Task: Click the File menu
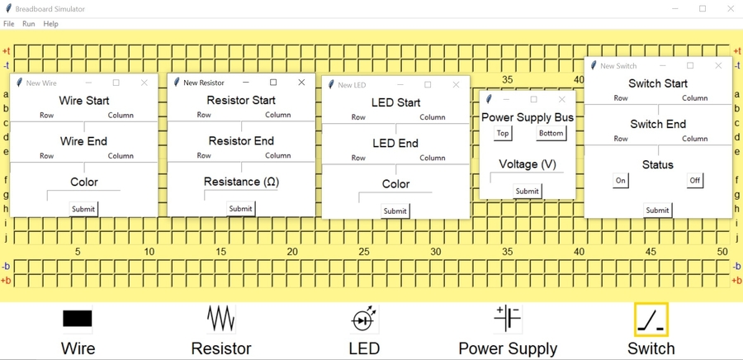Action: point(8,24)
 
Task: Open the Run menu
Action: point(28,24)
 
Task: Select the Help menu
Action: point(50,24)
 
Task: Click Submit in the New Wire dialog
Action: point(83,209)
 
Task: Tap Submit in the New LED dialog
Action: point(395,211)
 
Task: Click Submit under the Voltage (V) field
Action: point(528,192)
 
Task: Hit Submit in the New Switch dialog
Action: point(657,211)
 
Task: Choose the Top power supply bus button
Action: point(503,133)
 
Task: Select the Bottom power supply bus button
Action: point(551,133)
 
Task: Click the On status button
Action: point(621,181)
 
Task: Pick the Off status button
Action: point(695,181)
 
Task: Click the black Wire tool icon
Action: point(78,319)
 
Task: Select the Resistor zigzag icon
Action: point(221,319)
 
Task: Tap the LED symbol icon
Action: point(364,319)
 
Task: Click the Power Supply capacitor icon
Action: point(508,319)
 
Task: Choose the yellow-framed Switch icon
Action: point(651,320)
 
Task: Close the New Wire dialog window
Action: point(144,83)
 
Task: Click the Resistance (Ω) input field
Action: point(241,195)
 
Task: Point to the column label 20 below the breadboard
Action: point(292,252)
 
